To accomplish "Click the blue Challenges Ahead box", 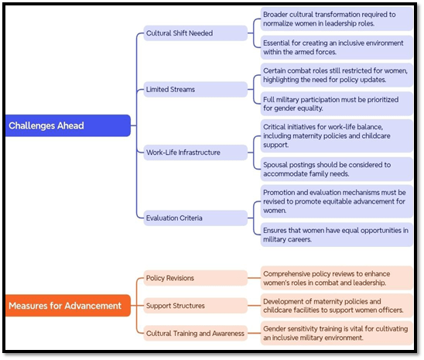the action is (x=68, y=125).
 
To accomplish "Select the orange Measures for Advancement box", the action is (x=68, y=305).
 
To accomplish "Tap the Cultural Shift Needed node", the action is (x=195, y=33).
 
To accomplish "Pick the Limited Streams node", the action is (x=195, y=89).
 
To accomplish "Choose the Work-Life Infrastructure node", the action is (x=195, y=153).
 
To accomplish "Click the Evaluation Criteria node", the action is (x=195, y=218).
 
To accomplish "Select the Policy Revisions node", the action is (x=195, y=278).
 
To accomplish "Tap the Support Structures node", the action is (x=195, y=306).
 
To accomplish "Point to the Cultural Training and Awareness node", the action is (x=195, y=333).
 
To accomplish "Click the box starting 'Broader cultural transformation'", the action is (x=337, y=19).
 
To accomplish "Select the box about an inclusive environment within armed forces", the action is (x=337, y=47).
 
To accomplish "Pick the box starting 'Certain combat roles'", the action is (x=337, y=75).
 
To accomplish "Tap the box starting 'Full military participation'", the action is (x=337, y=104).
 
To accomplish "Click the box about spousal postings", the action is (x=337, y=169).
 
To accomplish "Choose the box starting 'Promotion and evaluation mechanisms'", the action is (x=337, y=201).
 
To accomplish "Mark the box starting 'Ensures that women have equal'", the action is (x=337, y=235).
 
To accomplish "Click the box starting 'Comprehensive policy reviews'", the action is (x=337, y=278).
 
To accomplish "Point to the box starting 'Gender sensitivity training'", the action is (x=337, y=333).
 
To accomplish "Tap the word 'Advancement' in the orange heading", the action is (x=93, y=306).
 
